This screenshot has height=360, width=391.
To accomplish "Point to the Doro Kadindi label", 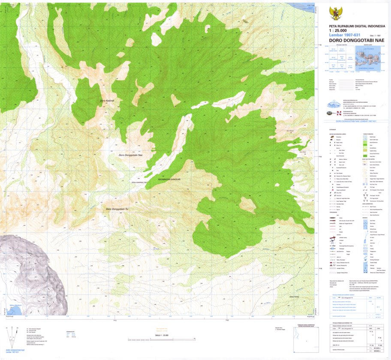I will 107,101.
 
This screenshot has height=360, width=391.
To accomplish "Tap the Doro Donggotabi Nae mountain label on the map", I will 131,156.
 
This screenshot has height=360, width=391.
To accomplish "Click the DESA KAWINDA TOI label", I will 139,183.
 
